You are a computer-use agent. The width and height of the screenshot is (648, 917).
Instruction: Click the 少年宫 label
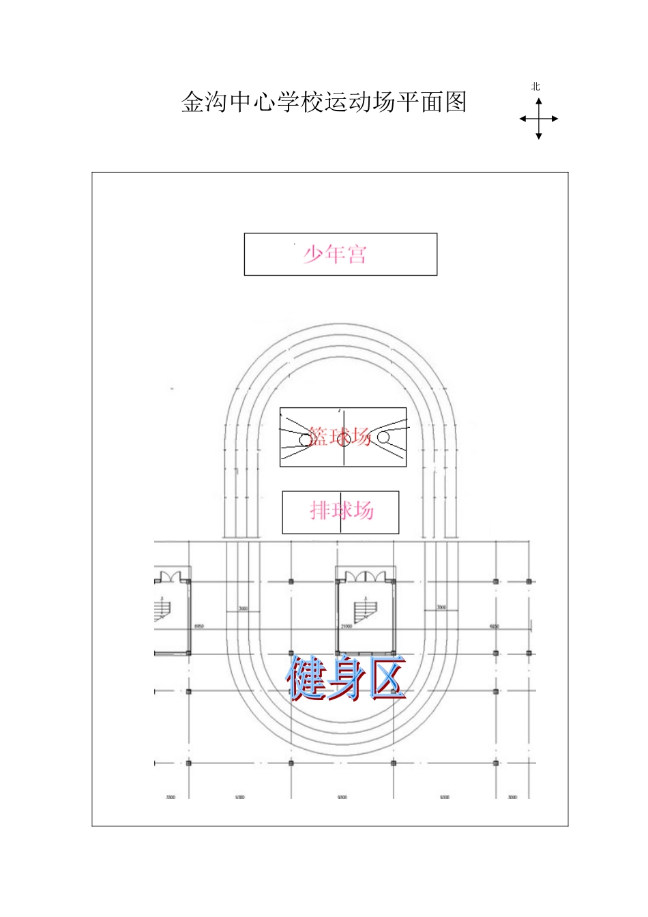335,254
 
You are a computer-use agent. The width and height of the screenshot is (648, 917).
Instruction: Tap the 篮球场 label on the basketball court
339,437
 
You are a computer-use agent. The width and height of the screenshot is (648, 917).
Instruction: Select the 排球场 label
342,510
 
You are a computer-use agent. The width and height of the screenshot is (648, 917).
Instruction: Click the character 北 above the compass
535,87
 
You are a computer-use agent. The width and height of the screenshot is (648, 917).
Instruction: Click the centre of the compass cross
539,119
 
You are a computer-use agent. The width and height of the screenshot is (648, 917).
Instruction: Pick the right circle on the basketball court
383,437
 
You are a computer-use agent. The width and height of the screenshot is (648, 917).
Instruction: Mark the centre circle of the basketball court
344,439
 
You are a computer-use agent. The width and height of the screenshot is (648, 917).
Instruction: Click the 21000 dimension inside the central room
347,626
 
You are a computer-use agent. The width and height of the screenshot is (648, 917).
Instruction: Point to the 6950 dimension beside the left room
199,626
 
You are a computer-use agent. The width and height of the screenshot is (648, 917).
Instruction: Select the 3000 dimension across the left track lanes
243,609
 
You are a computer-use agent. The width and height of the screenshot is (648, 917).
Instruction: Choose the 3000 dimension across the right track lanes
441,607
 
